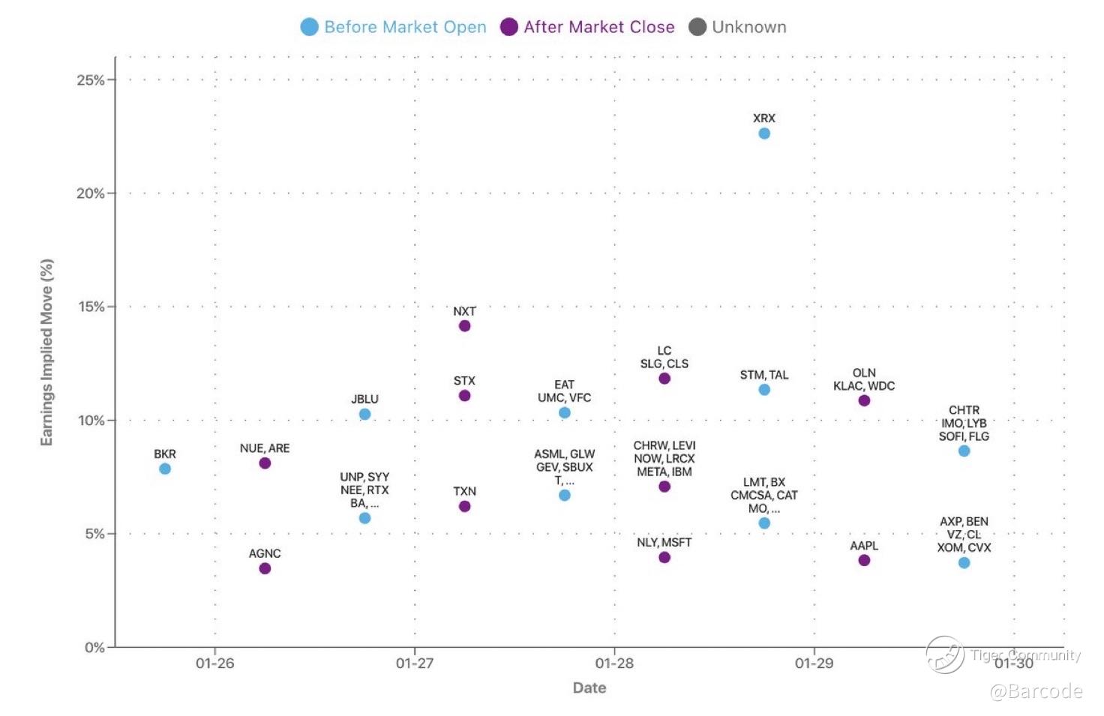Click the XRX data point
763,133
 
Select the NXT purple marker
464,326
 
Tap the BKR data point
165,469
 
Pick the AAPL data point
864,560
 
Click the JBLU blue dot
364,415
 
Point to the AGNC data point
265,568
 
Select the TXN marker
464,507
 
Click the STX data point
464,396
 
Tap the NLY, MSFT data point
664,558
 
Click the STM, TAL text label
763,375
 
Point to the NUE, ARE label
265,448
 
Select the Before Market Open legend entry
394,27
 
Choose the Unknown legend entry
738,27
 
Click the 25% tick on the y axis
91,80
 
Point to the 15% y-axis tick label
91,307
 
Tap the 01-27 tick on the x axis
415,664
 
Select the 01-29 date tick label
814,664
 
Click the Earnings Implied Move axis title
46,352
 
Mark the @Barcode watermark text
1036,691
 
